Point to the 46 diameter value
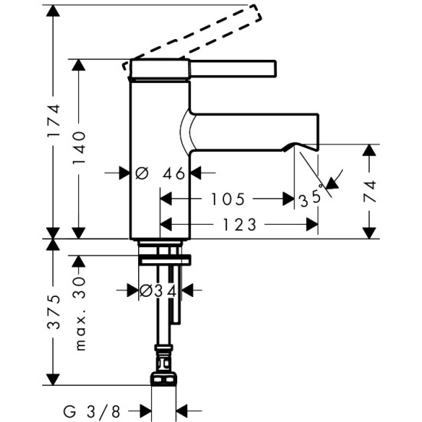[x=174, y=173]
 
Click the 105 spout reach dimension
[x=229, y=199]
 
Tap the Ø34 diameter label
[x=159, y=290]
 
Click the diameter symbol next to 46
[x=141, y=173]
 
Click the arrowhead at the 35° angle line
[x=333, y=183]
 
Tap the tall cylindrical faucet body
[x=159, y=153]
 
